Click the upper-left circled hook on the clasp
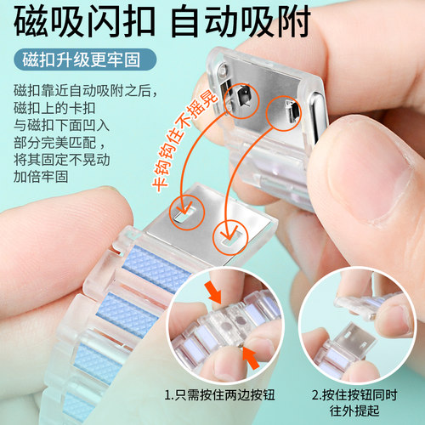pyautogui.click(x=237, y=98)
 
